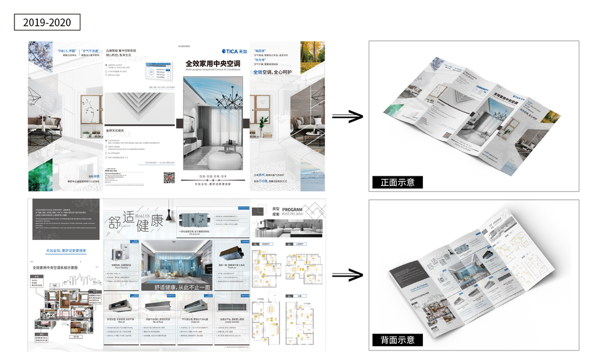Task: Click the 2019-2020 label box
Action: click(47, 23)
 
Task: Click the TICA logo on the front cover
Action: click(231, 51)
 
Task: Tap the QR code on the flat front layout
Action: click(169, 177)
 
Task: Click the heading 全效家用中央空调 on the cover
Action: click(213, 63)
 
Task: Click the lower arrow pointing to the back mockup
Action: click(347, 275)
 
